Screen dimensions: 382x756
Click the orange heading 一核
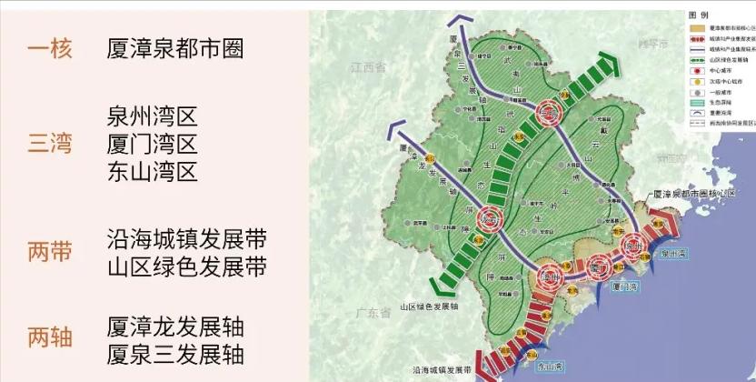pyautogui.click(x=50, y=48)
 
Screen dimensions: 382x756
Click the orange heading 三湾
pyautogui.click(x=50, y=143)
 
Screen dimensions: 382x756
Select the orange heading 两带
pyautogui.click(x=50, y=252)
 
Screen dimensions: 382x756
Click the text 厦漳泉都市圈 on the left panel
pyautogui.click(x=174, y=48)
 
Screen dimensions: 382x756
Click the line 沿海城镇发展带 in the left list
pyautogui.click(x=186, y=239)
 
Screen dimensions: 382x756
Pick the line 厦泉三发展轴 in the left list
pyautogui.click(x=175, y=354)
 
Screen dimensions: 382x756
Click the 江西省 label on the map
pyautogui.click(x=367, y=68)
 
